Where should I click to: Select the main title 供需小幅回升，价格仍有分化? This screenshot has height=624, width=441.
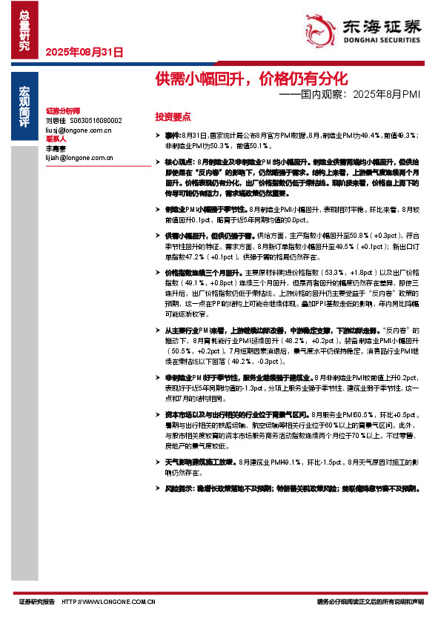tap(251, 78)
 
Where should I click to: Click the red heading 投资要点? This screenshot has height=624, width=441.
tap(173, 117)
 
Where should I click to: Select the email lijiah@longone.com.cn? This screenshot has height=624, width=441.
tap(79, 157)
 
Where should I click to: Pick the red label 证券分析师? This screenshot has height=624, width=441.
tap(62, 110)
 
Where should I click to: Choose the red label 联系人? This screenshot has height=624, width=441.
tap(56, 139)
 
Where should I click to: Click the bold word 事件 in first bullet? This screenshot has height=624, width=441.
tap(172, 136)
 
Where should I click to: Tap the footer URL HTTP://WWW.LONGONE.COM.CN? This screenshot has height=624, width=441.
tap(108, 602)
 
